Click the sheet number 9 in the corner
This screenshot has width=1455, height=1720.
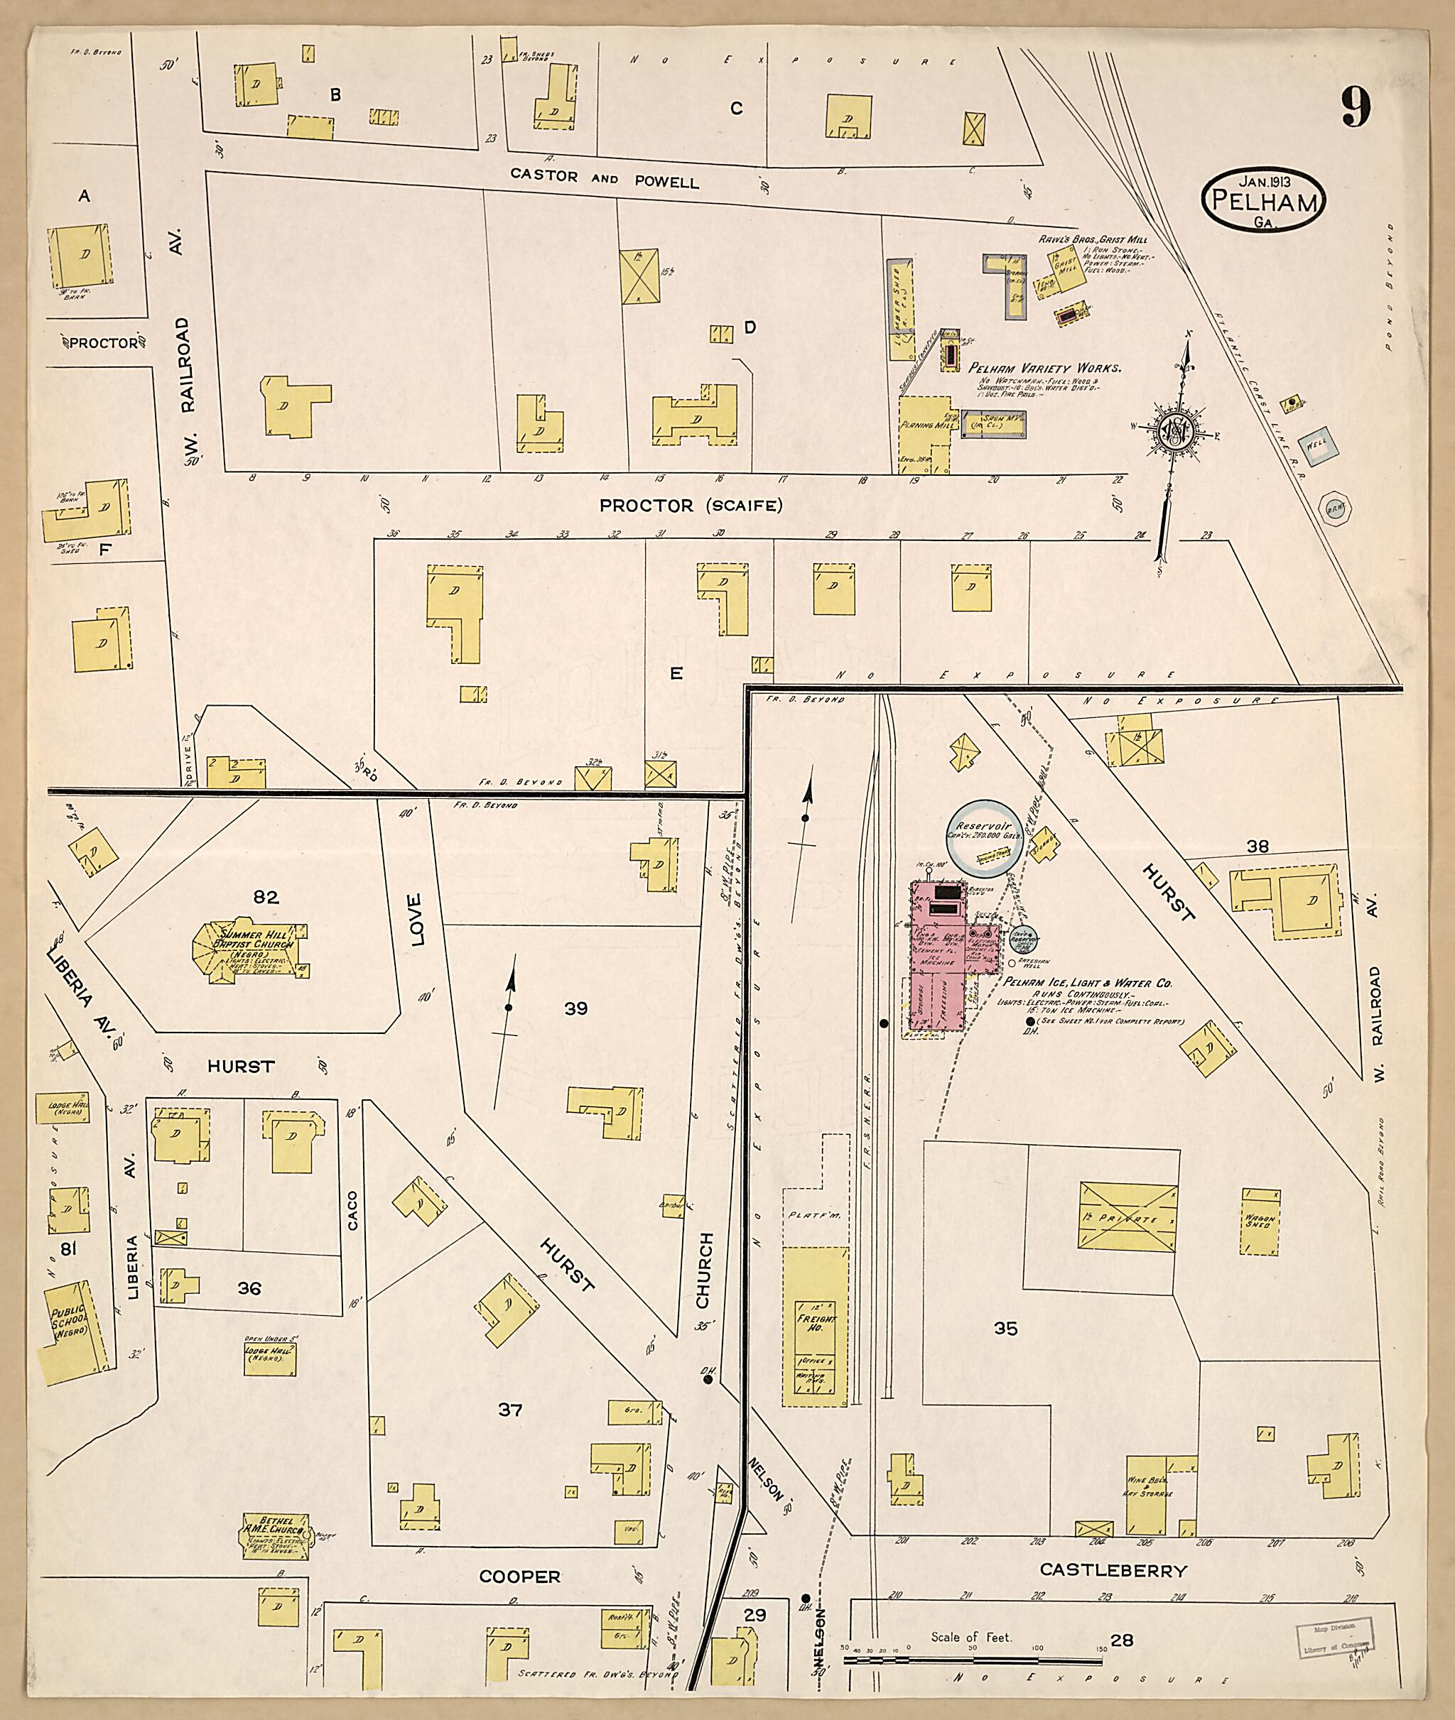click(1356, 108)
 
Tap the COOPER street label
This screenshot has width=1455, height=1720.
click(519, 1577)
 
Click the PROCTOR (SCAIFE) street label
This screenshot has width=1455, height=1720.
click(691, 506)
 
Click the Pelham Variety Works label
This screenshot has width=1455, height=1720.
click(1044, 369)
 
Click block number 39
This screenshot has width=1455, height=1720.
click(575, 1008)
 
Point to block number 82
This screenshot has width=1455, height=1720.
click(266, 897)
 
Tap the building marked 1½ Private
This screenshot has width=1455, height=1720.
click(1127, 1218)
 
